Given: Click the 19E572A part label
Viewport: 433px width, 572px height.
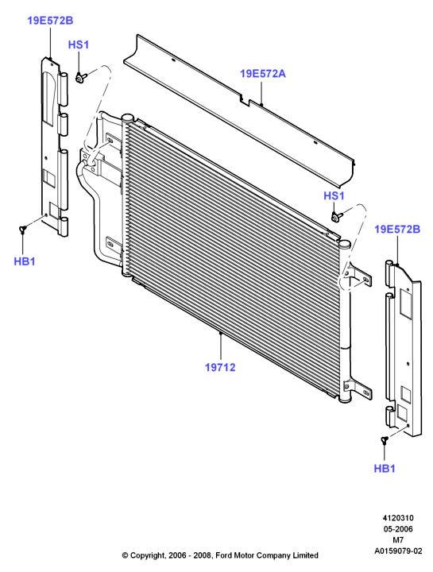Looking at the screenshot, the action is [263, 74].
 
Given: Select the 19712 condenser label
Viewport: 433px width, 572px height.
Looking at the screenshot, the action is [220, 367].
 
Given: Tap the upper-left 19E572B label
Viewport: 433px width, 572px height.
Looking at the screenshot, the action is [50, 21].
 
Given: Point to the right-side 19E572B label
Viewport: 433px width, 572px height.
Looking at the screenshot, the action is [397, 229].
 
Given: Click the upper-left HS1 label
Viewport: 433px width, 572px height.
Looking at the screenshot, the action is [79, 44].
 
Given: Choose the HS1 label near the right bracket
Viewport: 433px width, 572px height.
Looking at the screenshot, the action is [334, 196].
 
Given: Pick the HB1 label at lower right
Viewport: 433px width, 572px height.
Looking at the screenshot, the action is [385, 469].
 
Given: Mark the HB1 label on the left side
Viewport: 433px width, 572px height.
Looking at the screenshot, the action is [25, 261].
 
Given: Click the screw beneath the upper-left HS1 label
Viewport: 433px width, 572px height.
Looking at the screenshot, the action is [81, 77].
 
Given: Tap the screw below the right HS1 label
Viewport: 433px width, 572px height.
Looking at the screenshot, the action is [336, 217].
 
